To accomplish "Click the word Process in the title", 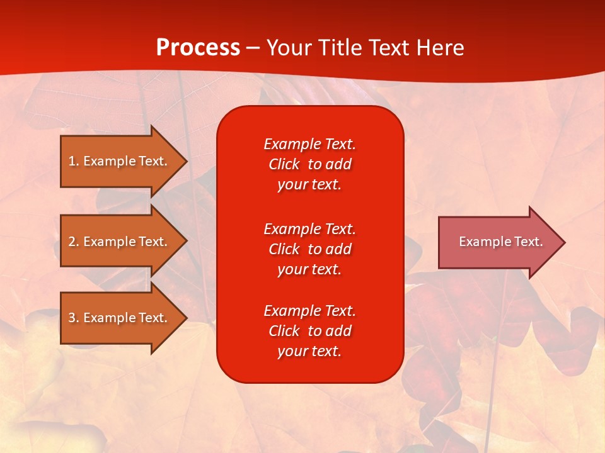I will pos(198,48).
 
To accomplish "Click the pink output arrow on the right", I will pos(498,242).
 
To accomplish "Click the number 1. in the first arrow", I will pos(74,161).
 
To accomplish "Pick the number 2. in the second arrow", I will pos(74,242).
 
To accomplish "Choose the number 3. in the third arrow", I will pos(74,318).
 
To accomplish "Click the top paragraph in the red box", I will pos(309,164).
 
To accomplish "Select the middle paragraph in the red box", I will pos(309,249).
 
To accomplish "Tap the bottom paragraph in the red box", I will pos(309,331).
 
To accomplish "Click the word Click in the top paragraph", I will pos(284,164).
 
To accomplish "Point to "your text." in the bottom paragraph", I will pos(309,351).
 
